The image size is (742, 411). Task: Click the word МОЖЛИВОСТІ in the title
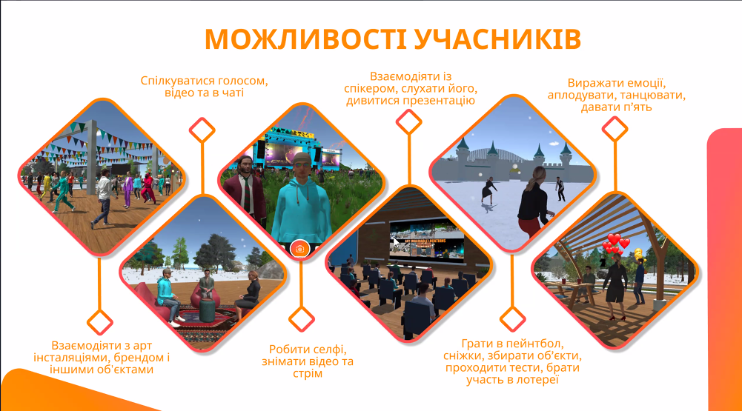click(305, 39)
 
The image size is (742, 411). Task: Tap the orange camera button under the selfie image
click(300, 248)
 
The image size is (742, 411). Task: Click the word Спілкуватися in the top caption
click(177, 81)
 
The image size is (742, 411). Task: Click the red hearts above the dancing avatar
click(615, 244)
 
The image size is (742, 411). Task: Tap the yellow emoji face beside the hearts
click(638, 254)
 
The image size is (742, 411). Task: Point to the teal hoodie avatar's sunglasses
click(302, 164)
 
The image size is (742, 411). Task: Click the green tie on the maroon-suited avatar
click(247, 192)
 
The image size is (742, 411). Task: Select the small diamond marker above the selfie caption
click(302, 318)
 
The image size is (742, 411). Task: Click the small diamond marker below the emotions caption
click(615, 129)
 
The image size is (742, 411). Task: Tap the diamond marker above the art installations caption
click(100, 323)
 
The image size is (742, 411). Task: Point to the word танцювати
click(652, 95)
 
